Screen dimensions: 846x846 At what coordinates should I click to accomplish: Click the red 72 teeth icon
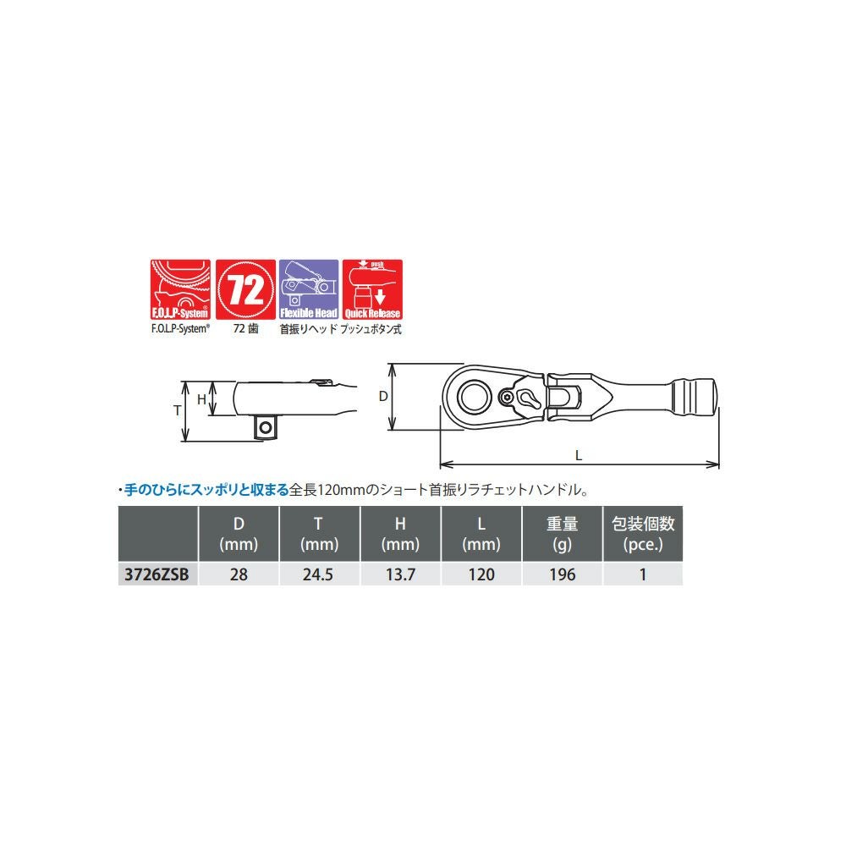pyautogui.click(x=245, y=289)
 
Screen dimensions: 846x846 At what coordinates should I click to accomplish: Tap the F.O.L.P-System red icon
pyautogui.click(x=180, y=289)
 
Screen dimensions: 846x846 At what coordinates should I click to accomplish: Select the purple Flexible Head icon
pyautogui.click(x=309, y=289)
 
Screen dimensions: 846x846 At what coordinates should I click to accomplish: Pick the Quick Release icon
pyautogui.click(x=372, y=289)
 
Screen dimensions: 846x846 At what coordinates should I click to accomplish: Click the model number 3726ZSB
pyautogui.click(x=157, y=574)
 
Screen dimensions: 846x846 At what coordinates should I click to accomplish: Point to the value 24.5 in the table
pyautogui.click(x=318, y=574)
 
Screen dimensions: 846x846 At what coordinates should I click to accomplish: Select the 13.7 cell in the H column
pyautogui.click(x=400, y=574)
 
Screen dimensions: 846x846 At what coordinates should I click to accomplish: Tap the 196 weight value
pyautogui.click(x=563, y=574)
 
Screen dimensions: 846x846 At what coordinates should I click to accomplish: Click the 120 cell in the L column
pyautogui.click(x=481, y=574)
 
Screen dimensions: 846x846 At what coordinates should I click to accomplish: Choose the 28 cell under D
pyautogui.click(x=239, y=574)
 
